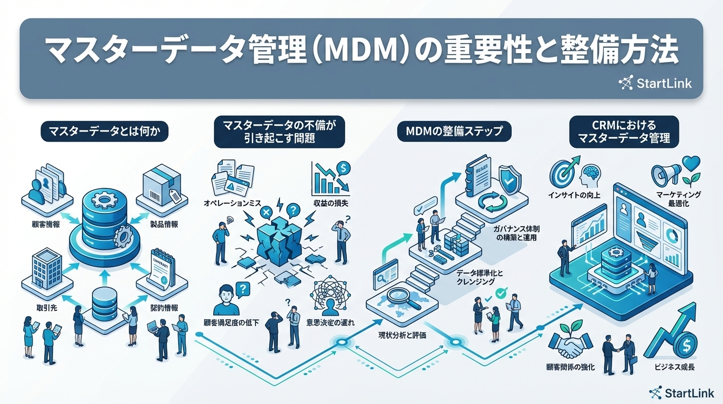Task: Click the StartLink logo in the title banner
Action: (x=655, y=83)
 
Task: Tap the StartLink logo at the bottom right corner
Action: (x=681, y=392)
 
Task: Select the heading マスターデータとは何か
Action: (x=105, y=132)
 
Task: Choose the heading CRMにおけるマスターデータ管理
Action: (x=624, y=132)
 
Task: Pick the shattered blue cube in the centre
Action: (x=278, y=240)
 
